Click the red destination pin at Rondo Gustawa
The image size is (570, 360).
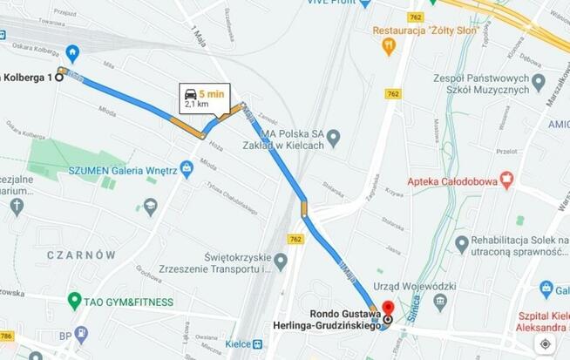(388, 308)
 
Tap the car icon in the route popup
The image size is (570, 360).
(190, 93)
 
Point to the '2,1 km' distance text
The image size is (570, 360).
(196, 104)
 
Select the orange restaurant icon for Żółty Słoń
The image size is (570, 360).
(389, 44)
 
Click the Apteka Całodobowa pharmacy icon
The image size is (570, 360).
(506, 180)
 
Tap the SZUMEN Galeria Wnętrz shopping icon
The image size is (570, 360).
(186, 167)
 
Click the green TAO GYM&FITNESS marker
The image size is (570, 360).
(75, 302)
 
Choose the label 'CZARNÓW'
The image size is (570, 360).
(82, 255)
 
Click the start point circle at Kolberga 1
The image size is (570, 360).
(58, 78)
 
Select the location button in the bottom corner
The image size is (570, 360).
(545, 343)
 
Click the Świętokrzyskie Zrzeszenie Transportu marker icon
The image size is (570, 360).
(281, 261)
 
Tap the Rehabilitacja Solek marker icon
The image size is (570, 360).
(462, 243)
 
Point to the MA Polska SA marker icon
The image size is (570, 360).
(333, 138)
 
